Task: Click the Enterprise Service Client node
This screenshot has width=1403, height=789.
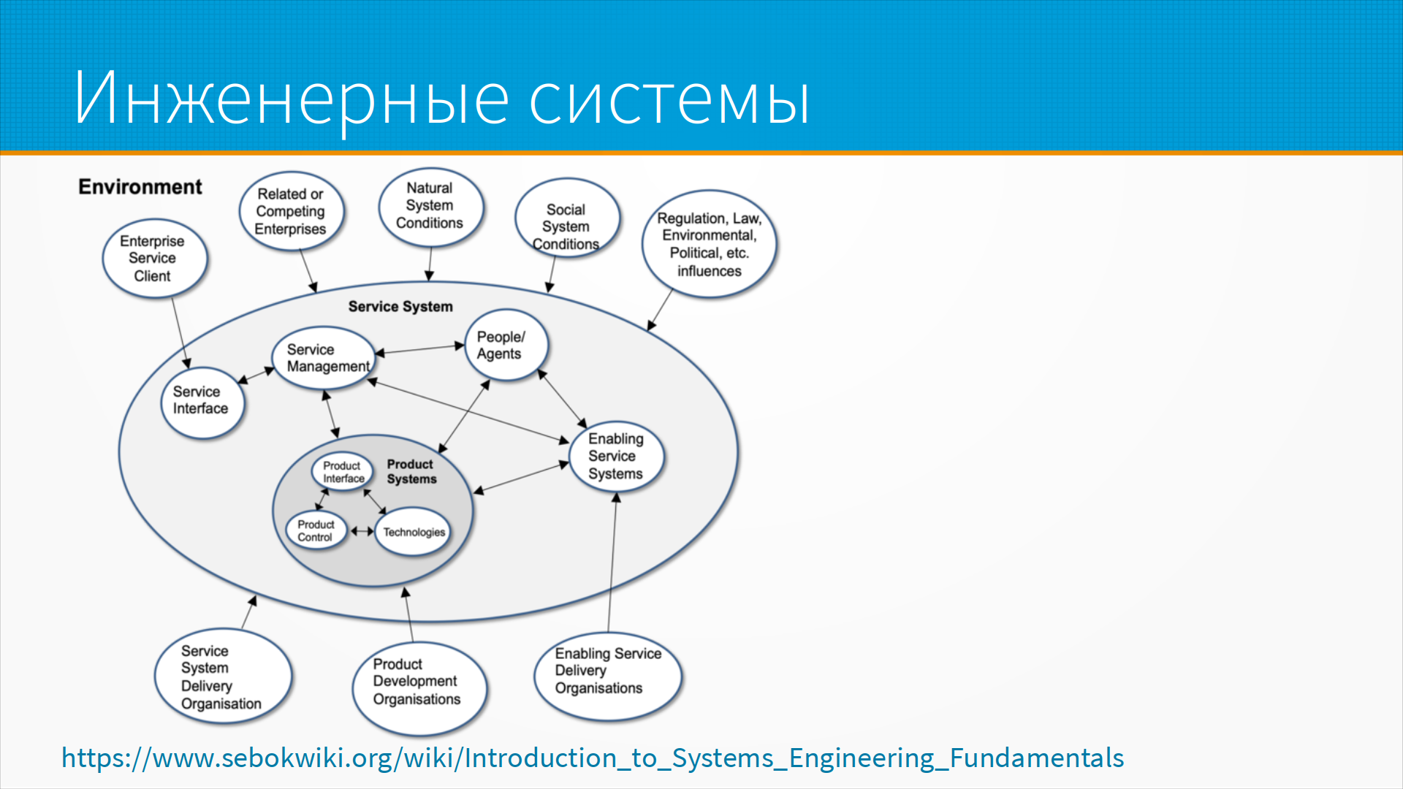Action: tap(153, 259)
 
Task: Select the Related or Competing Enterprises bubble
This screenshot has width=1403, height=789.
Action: tap(291, 212)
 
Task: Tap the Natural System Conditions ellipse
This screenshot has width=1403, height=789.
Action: tap(430, 206)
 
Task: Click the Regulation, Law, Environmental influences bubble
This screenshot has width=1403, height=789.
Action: tap(709, 245)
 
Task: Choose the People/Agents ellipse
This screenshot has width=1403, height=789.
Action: tap(505, 346)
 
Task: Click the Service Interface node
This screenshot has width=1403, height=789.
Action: tap(202, 401)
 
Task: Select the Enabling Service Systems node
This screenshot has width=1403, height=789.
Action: tap(616, 457)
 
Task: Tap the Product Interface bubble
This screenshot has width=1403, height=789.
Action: tap(342, 472)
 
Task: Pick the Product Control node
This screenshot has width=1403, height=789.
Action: tap(316, 531)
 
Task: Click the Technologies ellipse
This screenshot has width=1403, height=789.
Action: tap(414, 533)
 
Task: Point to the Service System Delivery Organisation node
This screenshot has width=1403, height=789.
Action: tap(222, 677)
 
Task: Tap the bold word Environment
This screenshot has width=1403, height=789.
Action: tap(140, 187)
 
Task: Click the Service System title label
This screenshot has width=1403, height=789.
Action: tap(400, 307)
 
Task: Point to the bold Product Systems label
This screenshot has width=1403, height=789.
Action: tap(411, 472)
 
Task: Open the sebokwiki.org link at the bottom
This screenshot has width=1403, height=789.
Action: tap(592, 758)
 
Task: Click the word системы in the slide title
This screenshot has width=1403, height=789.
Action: tap(669, 99)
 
